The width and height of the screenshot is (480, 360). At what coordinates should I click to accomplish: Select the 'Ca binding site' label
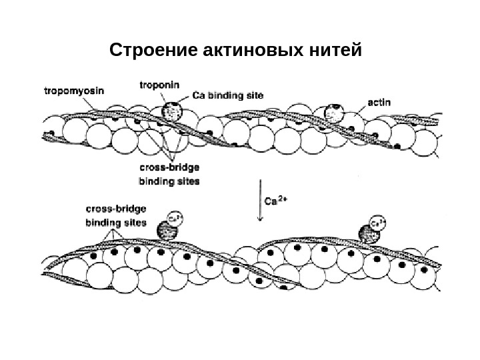tap(227, 95)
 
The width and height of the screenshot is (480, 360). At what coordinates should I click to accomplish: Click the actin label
tap(379, 103)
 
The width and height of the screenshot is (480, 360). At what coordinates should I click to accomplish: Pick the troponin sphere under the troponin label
tap(172, 111)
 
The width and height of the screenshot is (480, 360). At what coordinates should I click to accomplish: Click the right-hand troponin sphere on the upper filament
tap(334, 114)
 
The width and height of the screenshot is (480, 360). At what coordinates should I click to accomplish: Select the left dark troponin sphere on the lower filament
tap(167, 230)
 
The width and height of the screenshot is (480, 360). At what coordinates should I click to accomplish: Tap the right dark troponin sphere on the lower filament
tap(369, 234)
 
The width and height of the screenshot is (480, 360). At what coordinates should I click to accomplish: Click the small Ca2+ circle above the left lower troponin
tap(175, 218)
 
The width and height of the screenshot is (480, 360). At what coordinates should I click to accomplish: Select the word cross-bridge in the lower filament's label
tap(115, 209)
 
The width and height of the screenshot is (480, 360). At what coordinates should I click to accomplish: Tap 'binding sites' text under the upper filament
tap(168, 180)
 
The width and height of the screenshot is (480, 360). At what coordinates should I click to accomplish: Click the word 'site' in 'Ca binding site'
tap(253, 95)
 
